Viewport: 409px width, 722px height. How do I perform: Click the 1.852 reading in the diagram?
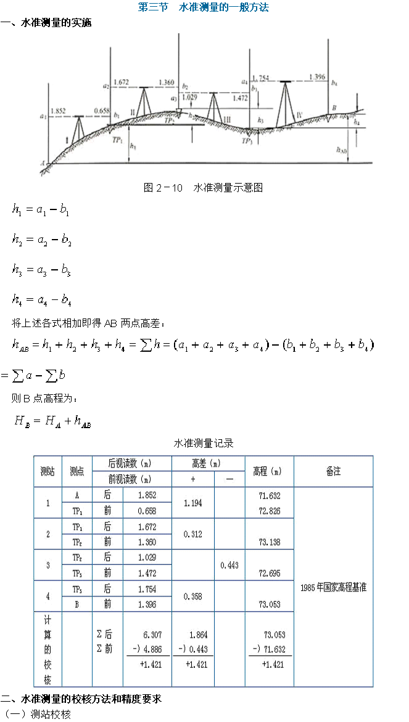(x=58, y=111)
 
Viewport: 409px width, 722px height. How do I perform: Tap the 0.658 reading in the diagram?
(x=102, y=111)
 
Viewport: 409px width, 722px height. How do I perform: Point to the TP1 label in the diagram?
(x=118, y=140)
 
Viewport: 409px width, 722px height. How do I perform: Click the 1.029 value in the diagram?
(x=189, y=97)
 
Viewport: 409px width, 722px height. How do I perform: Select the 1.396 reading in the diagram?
(x=316, y=77)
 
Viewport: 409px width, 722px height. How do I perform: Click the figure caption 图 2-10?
(x=203, y=188)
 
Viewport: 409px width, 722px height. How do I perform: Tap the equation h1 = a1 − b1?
(x=41, y=210)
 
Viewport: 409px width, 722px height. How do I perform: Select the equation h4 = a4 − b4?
(x=42, y=300)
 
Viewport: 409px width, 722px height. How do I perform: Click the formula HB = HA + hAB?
(x=53, y=421)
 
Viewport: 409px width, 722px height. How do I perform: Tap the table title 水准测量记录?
(x=204, y=443)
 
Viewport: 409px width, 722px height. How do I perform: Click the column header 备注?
(x=333, y=471)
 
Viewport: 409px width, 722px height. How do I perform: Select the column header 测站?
(x=48, y=471)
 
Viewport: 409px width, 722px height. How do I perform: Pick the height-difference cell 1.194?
(x=192, y=503)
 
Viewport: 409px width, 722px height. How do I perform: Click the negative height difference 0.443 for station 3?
(x=229, y=565)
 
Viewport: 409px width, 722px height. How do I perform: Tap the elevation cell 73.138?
(x=269, y=542)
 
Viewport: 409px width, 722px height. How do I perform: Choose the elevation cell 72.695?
(x=269, y=573)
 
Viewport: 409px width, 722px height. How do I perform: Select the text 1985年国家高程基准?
(x=333, y=588)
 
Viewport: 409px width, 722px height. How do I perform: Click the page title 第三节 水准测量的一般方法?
(x=203, y=8)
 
